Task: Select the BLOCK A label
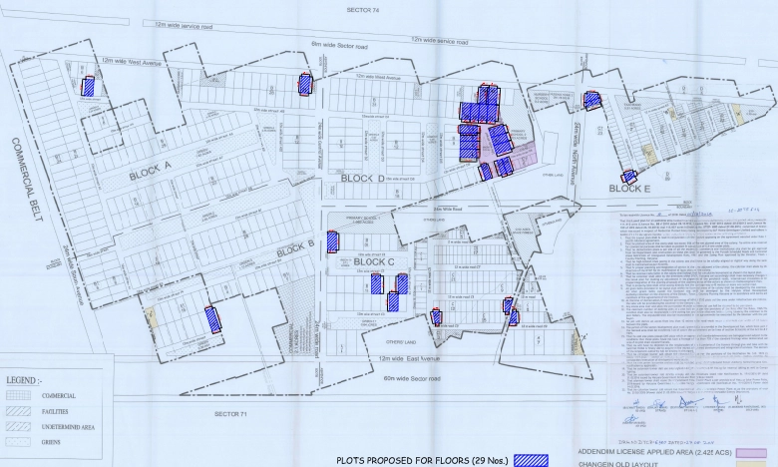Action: [150, 172]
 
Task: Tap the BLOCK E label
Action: [629, 188]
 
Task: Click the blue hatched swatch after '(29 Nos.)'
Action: [531, 460]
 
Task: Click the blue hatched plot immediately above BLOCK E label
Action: [628, 177]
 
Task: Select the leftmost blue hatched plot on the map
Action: [89, 86]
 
